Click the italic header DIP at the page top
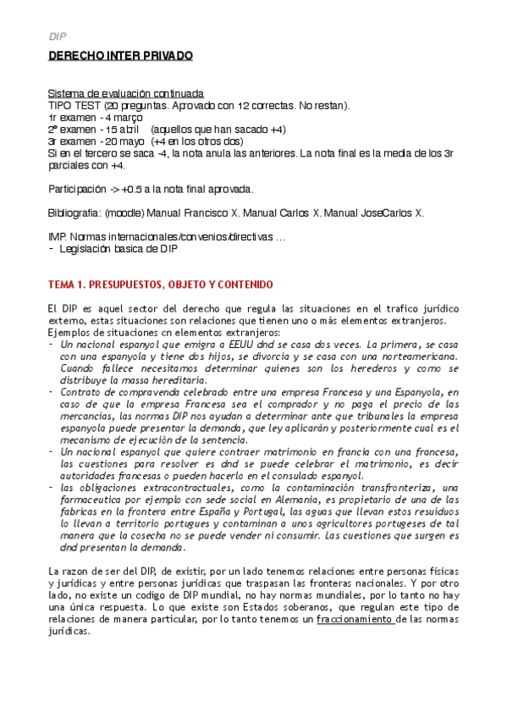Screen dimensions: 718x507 click(56, 37)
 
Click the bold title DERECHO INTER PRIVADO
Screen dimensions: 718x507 click(119, 57)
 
